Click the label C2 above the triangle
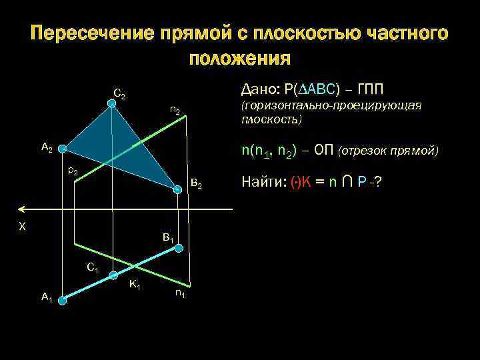point(120,95)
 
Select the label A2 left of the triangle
point(47,148)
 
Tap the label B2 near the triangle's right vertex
point(196,182)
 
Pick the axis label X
point(22,227)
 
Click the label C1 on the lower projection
point(93,269)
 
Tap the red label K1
point(135,285)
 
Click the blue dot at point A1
point(62,301)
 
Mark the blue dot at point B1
point(179,247)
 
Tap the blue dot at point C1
point(113,275)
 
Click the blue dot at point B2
point(178,190)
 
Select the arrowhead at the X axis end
point(25,209)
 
